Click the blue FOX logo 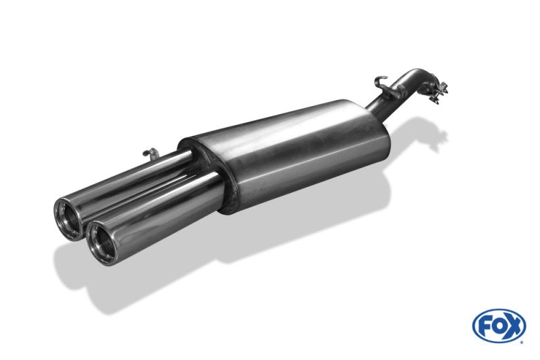(x=499, y=326)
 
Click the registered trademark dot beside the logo (x=521, y=342)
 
